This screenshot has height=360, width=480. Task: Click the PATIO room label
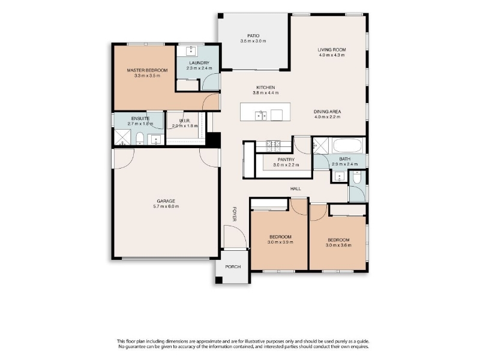(x=253, y=36)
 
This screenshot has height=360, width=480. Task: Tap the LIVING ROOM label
(x=332, y=50)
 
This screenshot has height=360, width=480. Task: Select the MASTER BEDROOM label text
(x=147, y=70)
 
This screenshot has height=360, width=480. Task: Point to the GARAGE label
(x=166, y=201)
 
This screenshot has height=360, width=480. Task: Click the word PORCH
(x=233, y=266)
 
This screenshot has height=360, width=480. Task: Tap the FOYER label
(x=235, y=214)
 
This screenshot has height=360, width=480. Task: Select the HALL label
(x=295, y=188)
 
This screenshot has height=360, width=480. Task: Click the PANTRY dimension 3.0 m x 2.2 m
(x=286, y=165)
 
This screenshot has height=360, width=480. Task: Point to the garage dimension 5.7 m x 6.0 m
(x=166, y=206)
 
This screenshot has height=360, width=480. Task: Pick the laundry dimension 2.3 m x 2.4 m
(x=199, y=68)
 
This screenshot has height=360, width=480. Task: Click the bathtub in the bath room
(x=347, y=145)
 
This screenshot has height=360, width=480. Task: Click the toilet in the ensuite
(x=140, y=139)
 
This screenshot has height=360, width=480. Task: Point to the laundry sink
(x=191, y=50)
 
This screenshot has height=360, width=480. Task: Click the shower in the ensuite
(x=122, y=137)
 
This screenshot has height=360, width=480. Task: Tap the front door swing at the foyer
(x=235, y=236)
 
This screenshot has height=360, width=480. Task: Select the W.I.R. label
(x=185, y=121)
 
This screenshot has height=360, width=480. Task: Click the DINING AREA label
(x=327, y=112)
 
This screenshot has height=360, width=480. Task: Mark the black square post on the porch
(x=219, y=280)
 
